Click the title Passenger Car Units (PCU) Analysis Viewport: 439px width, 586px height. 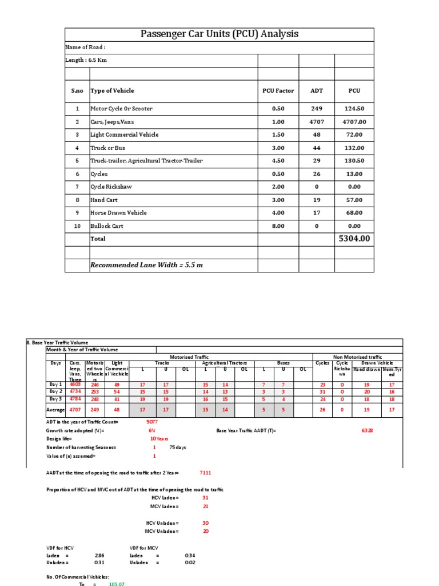point(219,34)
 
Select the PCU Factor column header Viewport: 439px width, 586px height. point(278,90)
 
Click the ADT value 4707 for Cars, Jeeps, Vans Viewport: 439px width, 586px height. point(316,122)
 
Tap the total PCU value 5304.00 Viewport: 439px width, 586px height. point(354,238)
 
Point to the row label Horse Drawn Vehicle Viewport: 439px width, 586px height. point(118,213)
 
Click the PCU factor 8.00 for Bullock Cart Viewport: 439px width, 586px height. point(278,226)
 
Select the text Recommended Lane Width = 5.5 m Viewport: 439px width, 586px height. point(146,265)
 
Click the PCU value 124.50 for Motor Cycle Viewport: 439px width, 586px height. point(354,109)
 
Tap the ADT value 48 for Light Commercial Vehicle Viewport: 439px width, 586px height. point(316,134)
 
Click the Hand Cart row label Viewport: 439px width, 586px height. point(103,200)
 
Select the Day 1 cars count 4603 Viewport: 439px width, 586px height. point(75,385)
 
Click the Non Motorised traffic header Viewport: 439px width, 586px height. point(357,357)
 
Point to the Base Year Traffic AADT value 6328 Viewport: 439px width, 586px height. point(368,430)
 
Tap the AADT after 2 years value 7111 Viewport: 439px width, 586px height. point(205,473)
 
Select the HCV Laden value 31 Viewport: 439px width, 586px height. point(205,498)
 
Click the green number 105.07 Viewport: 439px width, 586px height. point(117,583)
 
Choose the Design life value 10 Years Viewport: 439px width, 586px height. point(154,438)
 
